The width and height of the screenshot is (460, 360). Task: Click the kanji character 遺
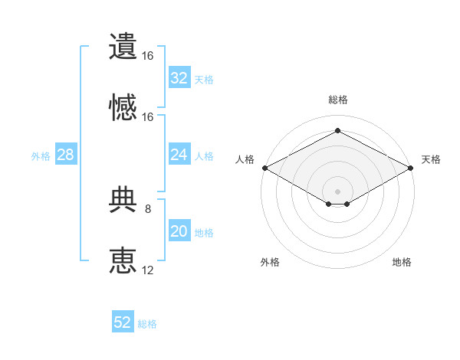[x=123, y=46]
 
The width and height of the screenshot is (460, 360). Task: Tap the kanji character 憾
[x=123, y=107]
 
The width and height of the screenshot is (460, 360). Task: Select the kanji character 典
[x=123, y=199]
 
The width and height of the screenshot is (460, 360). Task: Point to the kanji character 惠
[x=123, y=260]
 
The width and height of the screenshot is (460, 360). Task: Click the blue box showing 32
[x=179, y=77]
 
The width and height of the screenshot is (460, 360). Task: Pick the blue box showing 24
[x=179, y=154]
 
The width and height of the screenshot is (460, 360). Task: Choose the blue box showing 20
[x=179, y=230]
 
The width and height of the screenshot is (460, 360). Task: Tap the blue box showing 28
[x=66, y=154]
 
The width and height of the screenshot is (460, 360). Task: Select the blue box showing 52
[x=123, y=321]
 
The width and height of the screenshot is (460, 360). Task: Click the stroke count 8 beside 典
[x=148, y=209]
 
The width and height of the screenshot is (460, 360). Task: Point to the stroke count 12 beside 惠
[x=147, y=270]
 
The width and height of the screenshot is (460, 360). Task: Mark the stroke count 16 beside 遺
[x=147, y=56]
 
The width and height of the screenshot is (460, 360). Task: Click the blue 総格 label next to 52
[x=147, y=324]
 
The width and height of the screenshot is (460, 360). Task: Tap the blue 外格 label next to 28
[x=41, y=156]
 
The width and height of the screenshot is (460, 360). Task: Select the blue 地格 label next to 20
[x=204, y=233]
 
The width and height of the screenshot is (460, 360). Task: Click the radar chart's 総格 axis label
[x=338, y=100]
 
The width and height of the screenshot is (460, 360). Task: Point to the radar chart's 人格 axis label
[x=245, y=159]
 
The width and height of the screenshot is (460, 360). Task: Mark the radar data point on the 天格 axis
[x=411, y=168]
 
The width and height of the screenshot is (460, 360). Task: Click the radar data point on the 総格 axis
[x=337, y=130]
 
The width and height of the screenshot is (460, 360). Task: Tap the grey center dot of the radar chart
[x=337, y=191]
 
